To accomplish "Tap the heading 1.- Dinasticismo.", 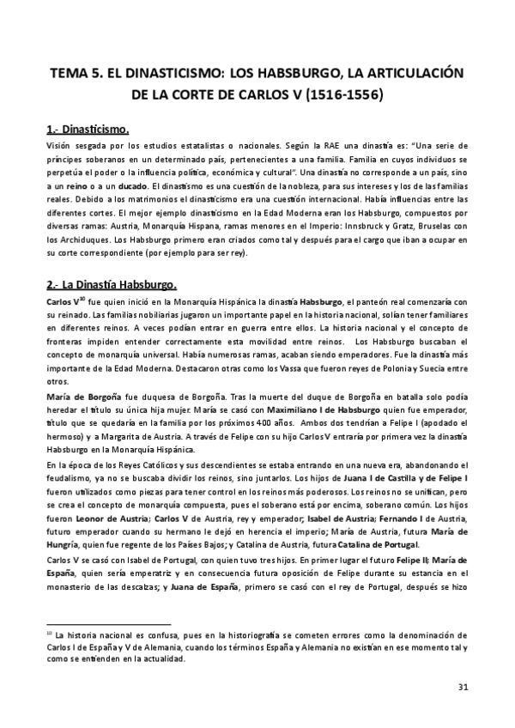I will click(88, 130).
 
